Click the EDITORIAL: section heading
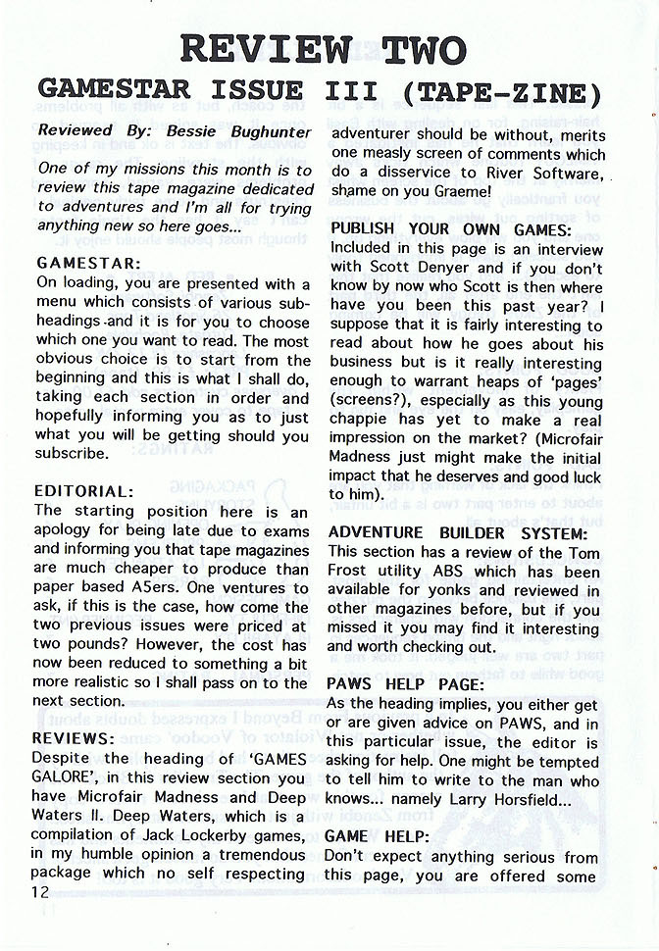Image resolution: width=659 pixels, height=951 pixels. (82, 492)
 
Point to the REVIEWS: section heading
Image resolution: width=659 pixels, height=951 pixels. (74, 738)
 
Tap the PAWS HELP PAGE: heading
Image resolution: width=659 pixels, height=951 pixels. (405, 685)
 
